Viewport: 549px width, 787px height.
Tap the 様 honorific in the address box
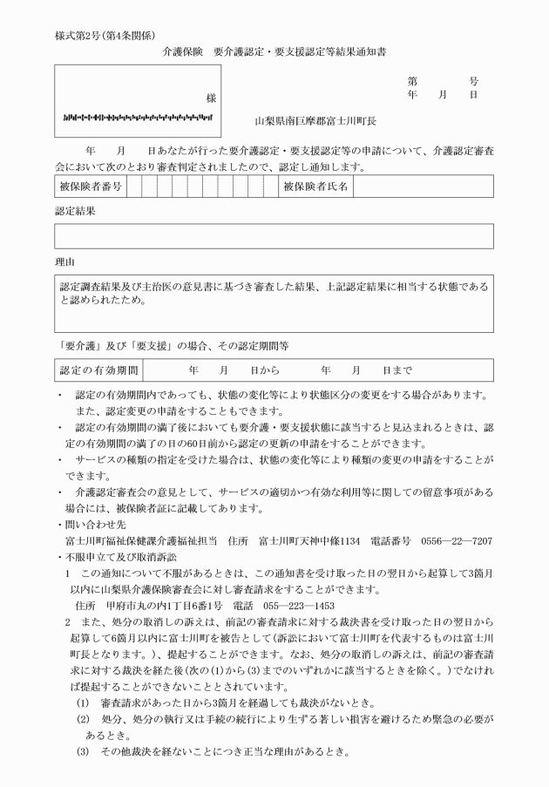coord(211,98)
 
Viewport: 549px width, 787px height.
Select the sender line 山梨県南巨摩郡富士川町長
coord(315,121)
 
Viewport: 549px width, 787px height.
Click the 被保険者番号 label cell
coord(91,187)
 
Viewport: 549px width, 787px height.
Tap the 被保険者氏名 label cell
coord(315,187)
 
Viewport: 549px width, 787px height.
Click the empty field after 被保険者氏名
coord(423,187)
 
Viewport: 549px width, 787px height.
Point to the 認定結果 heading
coord(74,211)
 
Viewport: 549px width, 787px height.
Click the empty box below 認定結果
coord(274,235)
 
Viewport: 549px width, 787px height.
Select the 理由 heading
coord(64,261)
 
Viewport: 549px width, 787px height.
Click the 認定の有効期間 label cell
coord(97,370)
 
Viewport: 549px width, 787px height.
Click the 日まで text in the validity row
coord(397,370)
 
